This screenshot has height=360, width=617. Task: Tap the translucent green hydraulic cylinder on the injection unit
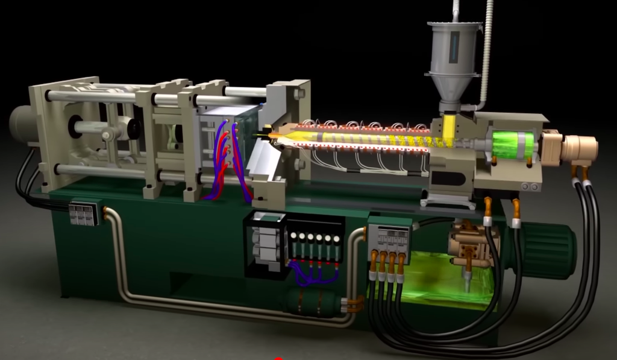pos(513,145)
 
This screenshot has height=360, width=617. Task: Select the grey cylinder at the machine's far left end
pos(23,123)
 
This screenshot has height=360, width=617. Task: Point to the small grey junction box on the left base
pos(83,213)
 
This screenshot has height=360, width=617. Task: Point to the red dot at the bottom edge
pos(278,358)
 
